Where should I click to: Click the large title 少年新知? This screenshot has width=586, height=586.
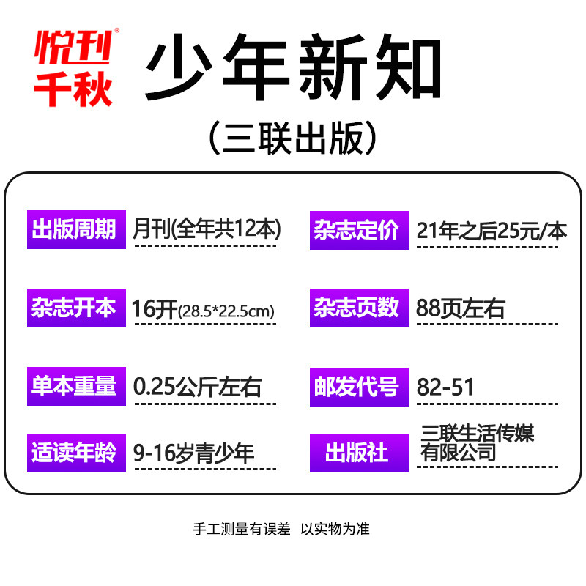click(293, 70)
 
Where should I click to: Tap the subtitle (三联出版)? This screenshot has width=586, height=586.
click(293, 138)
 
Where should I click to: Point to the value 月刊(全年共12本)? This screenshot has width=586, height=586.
click(207, 229)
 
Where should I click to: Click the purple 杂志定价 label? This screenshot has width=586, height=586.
click(359, 229)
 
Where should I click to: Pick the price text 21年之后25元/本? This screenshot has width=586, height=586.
click(492, 231)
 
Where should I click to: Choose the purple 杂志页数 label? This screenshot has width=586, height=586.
click(359, 308)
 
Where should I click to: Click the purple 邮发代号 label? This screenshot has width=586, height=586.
click(359, 386)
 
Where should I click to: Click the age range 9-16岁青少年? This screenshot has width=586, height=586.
click(194, 453)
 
